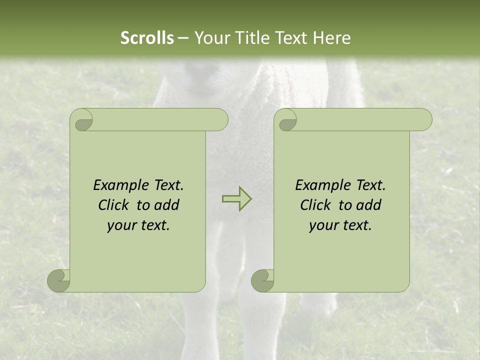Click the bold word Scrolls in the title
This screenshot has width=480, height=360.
click(x=147, y=38)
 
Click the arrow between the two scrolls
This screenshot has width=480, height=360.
click(x=236, y=198)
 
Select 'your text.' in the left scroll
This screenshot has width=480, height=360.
click(x=138, y=225)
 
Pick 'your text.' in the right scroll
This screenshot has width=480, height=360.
click(x=340, y=225)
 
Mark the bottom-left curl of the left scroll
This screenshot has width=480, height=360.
click(x=59, y=280)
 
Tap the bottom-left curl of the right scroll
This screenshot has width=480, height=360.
click(x=263, y=280)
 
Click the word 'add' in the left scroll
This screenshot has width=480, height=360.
click(x=167, y=205)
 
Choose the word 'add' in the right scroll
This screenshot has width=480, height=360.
click(x=369, y=205)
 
